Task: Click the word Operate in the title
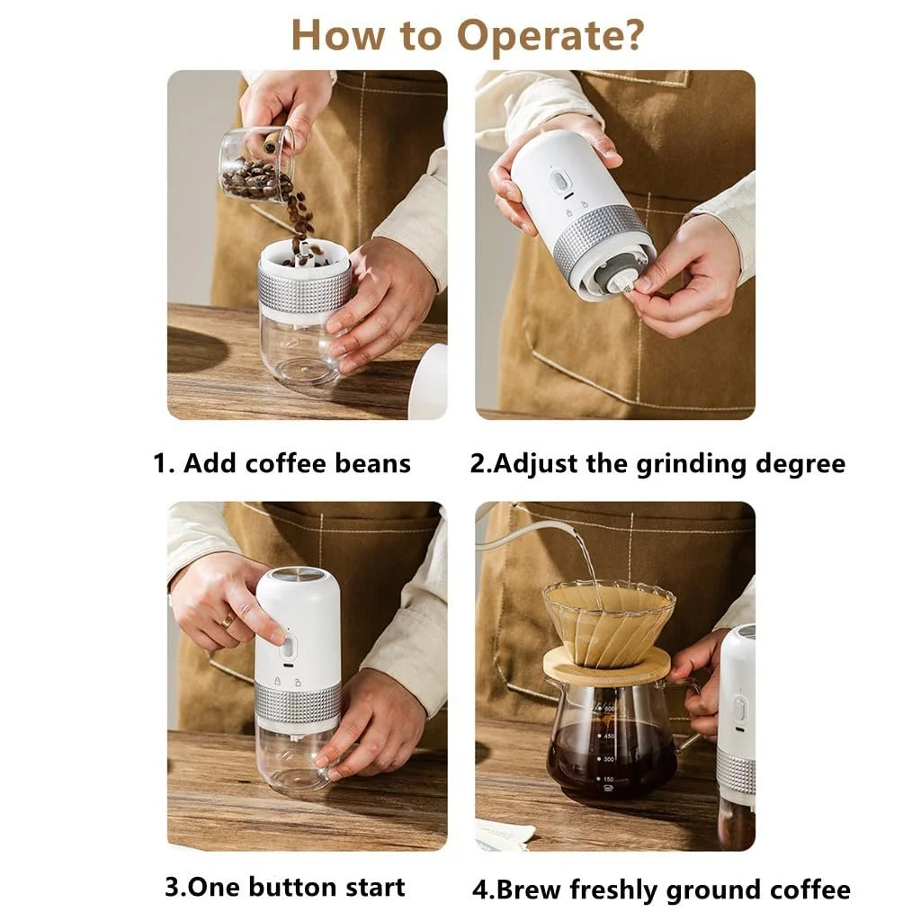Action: coord(550,36)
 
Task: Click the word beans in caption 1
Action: coord(372,463)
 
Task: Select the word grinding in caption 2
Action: coord(692,465)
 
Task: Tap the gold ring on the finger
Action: coord(228,621)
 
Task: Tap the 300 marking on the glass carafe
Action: coord(609,759)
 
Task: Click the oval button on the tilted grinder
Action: coord(559,181)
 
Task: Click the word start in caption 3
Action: coord(375,888)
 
